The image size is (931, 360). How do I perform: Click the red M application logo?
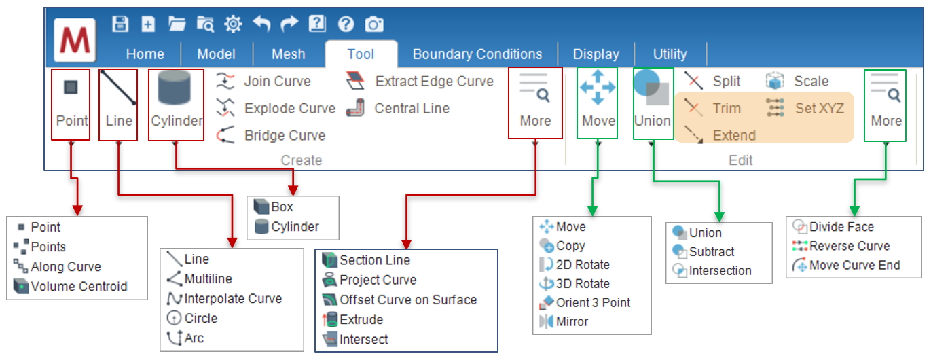(x=75, y=41)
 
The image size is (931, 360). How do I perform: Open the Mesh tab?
(x=288, y=54)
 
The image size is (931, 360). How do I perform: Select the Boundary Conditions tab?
(x=477, y=54)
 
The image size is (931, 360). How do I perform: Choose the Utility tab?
(x=670, y=54)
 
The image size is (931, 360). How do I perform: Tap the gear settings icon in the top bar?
(x=233, y=24)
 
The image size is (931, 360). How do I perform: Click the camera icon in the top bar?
(x=374, y=24)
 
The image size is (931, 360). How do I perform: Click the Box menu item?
(x=282, y=207)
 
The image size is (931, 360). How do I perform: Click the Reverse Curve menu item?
(x=849, y=247)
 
